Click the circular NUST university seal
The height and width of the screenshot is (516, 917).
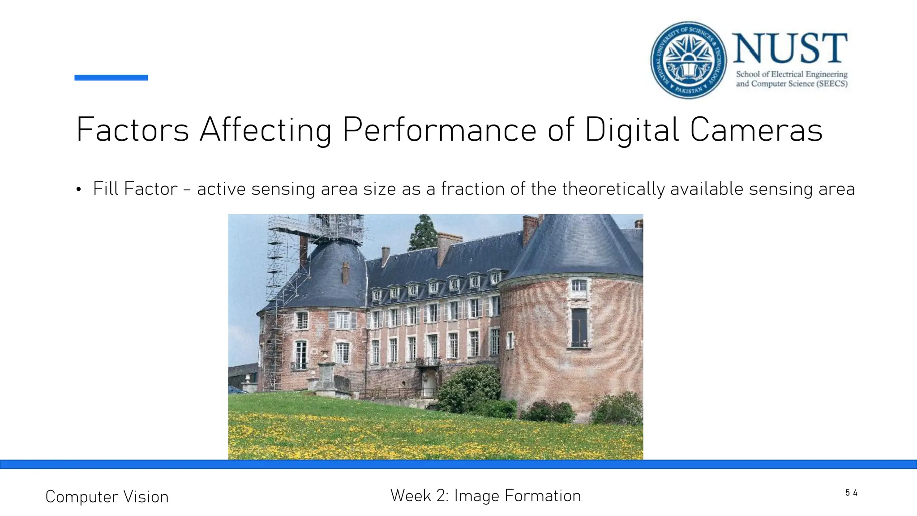[x=689, y=60]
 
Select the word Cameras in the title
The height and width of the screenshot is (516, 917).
[x=756, y=130]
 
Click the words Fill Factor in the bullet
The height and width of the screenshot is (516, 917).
[x=135, y=189]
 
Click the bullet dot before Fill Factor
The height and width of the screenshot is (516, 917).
[x=79, y=190]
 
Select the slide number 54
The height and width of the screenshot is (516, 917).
[x=851, y=493]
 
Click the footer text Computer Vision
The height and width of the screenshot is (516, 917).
[x=107, y=497]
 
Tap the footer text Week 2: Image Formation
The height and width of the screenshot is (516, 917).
[x=485, y=496]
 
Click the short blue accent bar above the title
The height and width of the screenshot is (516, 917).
[x=111, y=77]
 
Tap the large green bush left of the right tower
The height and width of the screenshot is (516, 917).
[x=470, y=387]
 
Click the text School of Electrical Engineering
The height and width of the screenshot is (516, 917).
[x=792, y=74]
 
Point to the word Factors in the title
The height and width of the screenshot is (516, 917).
[x=133, y=130]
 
